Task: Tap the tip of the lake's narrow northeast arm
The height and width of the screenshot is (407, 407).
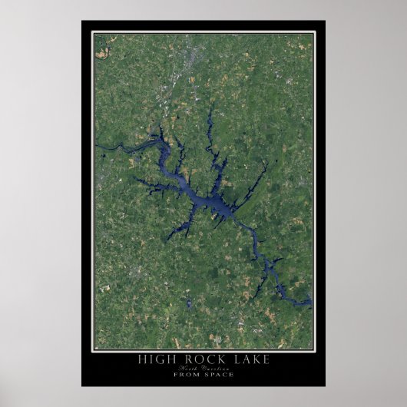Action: point(266,164)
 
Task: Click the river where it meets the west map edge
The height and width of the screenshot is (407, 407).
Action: point(97,145)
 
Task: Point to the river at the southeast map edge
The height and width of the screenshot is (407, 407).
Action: point(309,303)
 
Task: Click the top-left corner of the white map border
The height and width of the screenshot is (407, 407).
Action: point(93,32)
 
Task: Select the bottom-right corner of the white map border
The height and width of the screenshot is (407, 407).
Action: point(314,349)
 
